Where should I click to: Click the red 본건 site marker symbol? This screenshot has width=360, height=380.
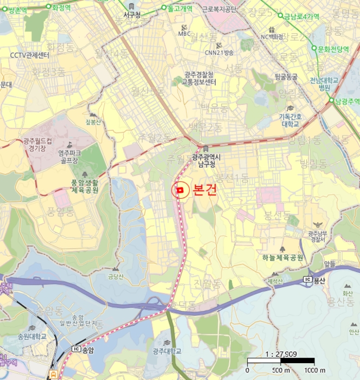coord(180,191)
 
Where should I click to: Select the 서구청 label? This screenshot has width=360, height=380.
coord(132,15)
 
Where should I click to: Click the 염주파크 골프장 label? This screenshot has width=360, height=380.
coord(70,157)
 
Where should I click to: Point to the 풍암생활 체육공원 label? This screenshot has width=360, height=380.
coord(85,186)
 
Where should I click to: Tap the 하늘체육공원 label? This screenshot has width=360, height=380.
coord(282,257)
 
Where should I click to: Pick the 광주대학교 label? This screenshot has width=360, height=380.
coord(167,351)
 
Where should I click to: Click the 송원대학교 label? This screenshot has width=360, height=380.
coord(31,336)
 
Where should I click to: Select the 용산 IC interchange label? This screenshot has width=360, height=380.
coord(319,280)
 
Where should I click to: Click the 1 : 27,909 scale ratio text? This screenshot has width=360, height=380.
coord(281,353)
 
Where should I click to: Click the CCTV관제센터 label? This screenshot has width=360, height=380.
coord(30,56)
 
